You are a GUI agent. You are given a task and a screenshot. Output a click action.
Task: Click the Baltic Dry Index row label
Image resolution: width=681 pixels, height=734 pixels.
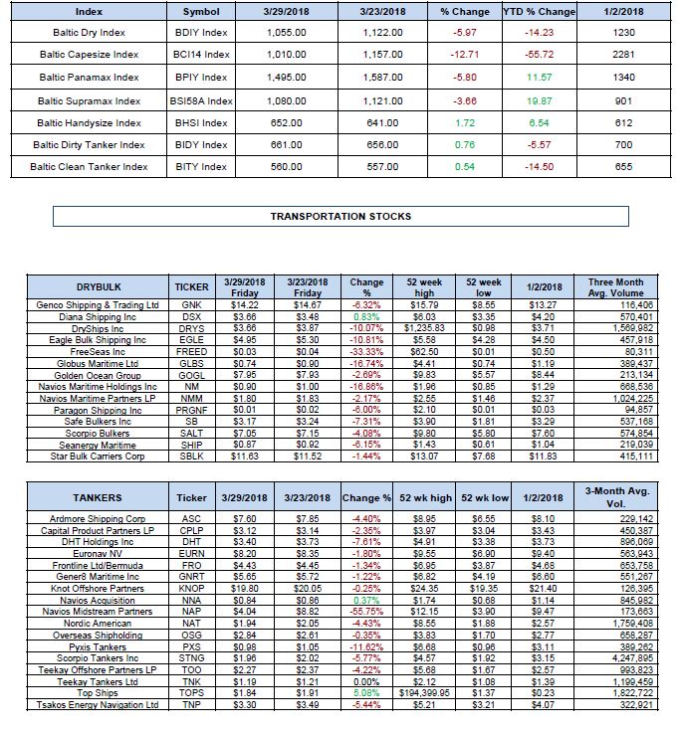88,32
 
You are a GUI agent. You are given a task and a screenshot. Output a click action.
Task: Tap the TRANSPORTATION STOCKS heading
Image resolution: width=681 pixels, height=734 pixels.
340,216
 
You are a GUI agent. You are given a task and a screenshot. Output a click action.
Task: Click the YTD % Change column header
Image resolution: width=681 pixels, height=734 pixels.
539,12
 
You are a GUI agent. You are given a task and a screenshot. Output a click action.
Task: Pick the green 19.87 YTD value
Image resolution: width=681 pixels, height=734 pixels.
539,100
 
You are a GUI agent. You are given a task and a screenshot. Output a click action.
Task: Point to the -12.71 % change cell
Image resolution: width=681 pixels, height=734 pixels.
465,54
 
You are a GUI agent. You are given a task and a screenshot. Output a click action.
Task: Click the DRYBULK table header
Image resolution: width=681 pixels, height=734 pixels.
95,286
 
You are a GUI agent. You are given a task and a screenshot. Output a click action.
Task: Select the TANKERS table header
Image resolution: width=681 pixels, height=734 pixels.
98,497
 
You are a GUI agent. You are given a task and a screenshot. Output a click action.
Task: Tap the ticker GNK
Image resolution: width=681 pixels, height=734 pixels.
192,304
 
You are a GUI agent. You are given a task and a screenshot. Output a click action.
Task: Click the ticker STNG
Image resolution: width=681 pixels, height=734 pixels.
192,658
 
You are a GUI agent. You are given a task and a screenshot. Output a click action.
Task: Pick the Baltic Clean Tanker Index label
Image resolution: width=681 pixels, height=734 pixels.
89,167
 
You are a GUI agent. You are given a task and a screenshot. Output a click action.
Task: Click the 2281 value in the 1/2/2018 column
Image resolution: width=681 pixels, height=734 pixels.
623,54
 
